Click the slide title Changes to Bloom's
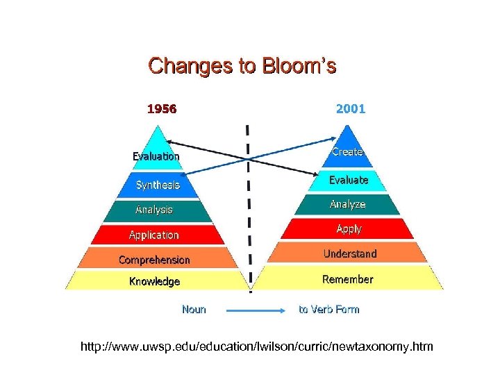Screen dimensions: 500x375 (242, 66)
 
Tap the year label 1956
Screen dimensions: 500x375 (161, 109)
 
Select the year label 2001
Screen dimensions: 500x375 (350, 109)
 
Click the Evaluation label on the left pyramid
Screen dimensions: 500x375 (156, 156)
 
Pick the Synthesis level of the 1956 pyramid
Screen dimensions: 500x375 (158, 185)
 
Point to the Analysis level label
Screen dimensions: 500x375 (154, 209)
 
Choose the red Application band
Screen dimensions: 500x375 (154, 235)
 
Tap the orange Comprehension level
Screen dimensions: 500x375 (154, 260)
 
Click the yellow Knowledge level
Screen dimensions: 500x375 (154, 281)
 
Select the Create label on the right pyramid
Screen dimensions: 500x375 (347, 151)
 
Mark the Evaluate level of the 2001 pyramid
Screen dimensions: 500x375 (349, 180)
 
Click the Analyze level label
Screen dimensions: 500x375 (347, 204)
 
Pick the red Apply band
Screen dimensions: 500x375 (349, 228)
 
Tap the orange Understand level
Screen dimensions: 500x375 (349, 253)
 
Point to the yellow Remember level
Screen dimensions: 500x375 (347, 279)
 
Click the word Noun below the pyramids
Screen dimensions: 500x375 (194, 309)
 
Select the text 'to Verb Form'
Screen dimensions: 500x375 (329, 309)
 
